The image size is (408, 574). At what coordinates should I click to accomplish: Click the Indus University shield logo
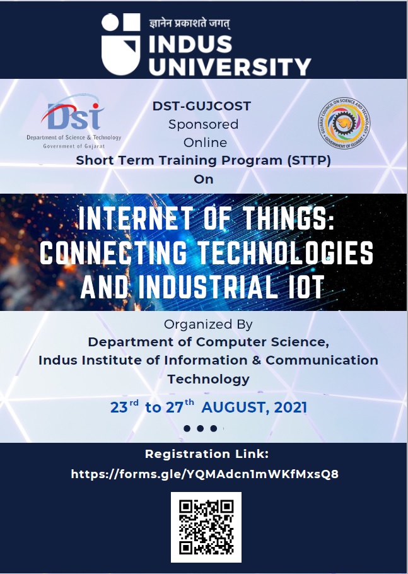(x=120, y=44)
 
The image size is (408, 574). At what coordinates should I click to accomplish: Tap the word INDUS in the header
(x=190, y=45)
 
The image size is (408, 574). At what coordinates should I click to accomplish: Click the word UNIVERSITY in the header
(x=230, y=67)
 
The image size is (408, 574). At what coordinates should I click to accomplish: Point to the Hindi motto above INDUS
(x=190, y=23)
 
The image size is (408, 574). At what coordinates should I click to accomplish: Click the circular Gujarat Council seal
(x=344, y=123)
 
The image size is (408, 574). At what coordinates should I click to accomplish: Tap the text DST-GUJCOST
(x=202, y=106)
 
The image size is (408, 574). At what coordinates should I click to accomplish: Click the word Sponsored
(x=203, y=124)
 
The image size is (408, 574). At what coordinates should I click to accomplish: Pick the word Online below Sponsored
(x=205, y=143)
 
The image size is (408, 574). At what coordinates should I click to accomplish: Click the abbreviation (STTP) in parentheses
(x=309, y=160)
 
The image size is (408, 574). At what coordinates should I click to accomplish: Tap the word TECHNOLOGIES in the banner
(x=286, y=252)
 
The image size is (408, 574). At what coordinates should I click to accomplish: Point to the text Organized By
(x=208, y=324)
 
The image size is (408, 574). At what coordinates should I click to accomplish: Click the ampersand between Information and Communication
(x=256, y=360)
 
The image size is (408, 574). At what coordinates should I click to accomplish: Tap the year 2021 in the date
(x=290, y=407)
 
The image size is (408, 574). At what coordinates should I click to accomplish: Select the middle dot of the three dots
(x=200, y=428)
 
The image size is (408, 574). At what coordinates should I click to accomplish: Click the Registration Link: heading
(x=207, y=454)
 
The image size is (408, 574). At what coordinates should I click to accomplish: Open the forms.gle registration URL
(x=204, y=474)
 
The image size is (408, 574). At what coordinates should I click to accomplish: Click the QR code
(x=206, y=527)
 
